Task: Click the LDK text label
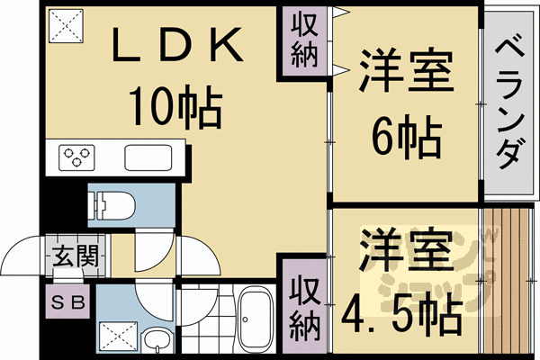tap(175, 47)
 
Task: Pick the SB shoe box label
tap(67, 302)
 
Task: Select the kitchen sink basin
tap(152, 157)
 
